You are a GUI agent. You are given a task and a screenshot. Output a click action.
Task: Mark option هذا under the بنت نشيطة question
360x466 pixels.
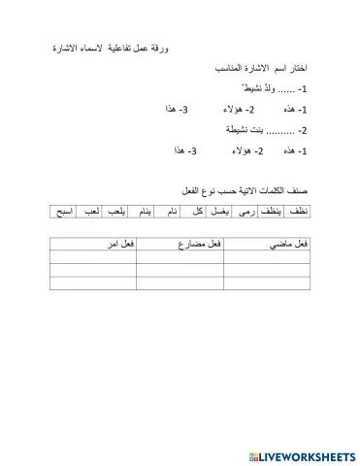184,151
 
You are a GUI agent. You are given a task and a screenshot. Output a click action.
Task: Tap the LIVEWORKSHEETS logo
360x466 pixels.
300,455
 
